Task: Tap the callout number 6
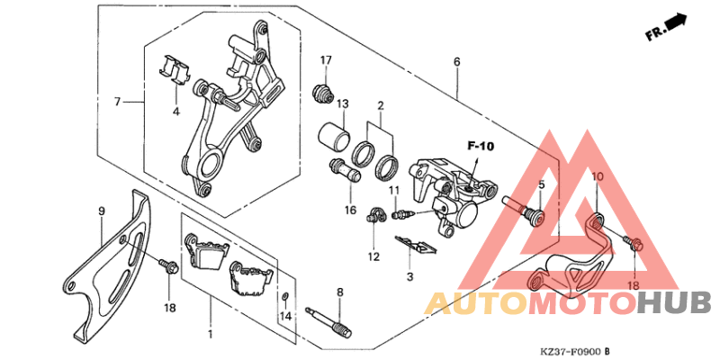click(456, 61)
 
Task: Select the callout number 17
click(326, 60)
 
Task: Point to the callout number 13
click(343, 104)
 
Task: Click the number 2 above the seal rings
click(381, 105)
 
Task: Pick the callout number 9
click(101, 211)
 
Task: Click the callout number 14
click(286, 316)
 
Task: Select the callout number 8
click(340, 292)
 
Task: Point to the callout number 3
click(409, 276)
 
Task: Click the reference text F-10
click(481, 145)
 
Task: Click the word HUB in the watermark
click(673, 302)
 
